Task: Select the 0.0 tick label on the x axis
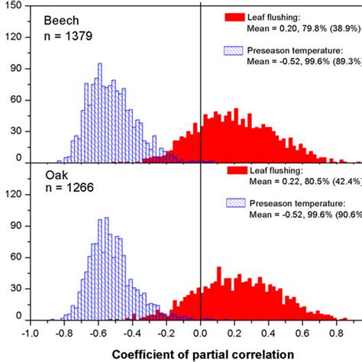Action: [x=200, y=333]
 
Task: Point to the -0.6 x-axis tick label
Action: [x=97, y=333]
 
